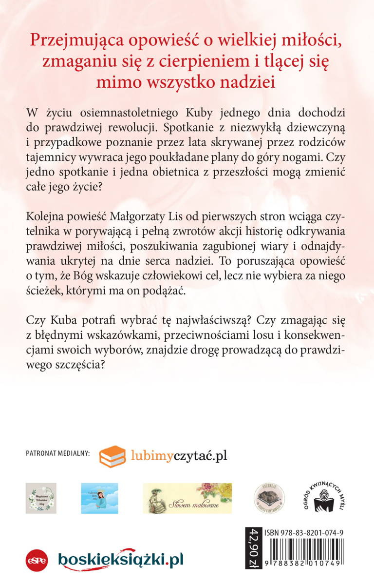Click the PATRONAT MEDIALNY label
click(57, 454)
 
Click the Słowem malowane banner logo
click(187, 498)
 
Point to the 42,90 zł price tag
click(254, 548)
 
